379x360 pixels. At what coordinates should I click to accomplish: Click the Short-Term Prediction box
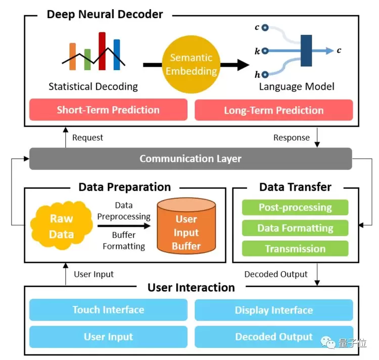108,110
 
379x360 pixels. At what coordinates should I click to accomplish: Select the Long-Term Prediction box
273,110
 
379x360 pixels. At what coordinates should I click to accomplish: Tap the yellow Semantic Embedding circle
191,65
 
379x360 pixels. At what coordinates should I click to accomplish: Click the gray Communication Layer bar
191,159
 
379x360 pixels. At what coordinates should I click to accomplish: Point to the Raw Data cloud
61,227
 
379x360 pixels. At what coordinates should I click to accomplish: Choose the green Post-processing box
295,207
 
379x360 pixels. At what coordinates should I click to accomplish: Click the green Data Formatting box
295,228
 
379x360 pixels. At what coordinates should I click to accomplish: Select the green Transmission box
295,248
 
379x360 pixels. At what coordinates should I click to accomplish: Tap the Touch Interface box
108,310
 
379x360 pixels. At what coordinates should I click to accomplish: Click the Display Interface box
273,310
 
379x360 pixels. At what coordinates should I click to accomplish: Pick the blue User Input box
108,337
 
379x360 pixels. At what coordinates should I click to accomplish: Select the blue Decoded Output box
273,337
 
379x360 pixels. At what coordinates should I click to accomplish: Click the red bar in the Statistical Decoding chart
102,51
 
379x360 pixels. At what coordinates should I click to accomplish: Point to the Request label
87,137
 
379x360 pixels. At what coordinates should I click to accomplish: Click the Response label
292,137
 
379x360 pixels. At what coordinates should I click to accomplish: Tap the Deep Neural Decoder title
105,14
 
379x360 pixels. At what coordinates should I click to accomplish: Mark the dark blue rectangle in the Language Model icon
306,50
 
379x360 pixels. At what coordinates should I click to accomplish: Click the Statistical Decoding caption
93,86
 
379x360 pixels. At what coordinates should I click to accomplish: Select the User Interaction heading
191,288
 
